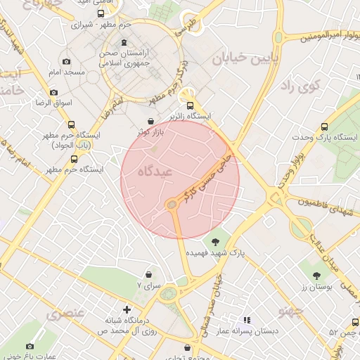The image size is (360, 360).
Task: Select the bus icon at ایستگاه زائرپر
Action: click(189, 105)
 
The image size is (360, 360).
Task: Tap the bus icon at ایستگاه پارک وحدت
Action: click(324, 127)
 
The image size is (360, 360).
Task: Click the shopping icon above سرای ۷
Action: click(148, 274)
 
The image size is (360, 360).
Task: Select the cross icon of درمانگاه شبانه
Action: click(127, 309)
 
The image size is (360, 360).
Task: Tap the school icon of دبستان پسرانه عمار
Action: click(247, 320)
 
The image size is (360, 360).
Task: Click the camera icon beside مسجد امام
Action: click(66, 62)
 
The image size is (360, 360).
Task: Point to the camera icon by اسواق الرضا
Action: click(53, 93)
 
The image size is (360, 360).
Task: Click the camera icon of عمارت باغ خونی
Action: click(30, 346)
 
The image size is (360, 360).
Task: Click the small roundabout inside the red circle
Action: click(172, 205)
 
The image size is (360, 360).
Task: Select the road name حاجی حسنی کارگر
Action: click(207, 176)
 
